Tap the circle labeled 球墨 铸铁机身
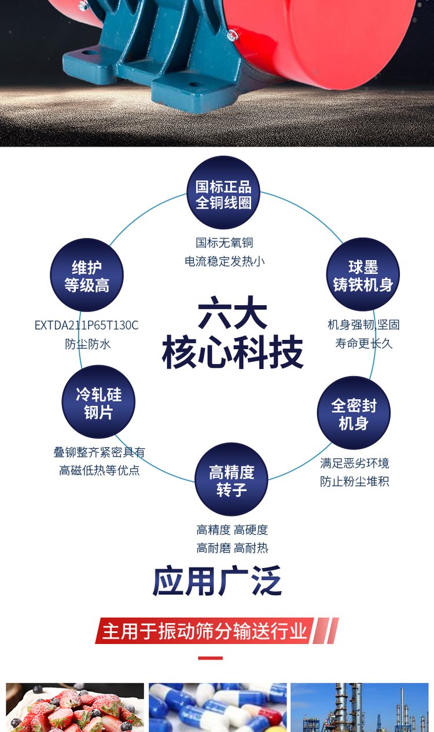click(x=363, y=274)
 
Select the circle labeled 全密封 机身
click(x=354, y=413)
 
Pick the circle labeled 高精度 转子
click(x=231, y=480)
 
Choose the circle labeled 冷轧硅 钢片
click(x=98, y=402)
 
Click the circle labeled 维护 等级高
click(x=87, y=275)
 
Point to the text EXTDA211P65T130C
click(x=87, y=325)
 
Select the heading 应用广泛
click(x=217, y=581)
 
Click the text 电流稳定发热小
click(x=225, y=261)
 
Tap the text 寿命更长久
click(x=363, y=343)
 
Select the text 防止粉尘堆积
click(x=355, y=481)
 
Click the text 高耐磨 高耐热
click(x=232, y=548)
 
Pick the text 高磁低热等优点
click(x=99, y=470)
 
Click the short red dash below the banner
click(x=210, y=658)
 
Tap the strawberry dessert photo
click(x=75, y=707)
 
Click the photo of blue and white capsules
click(x=218, y=707)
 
